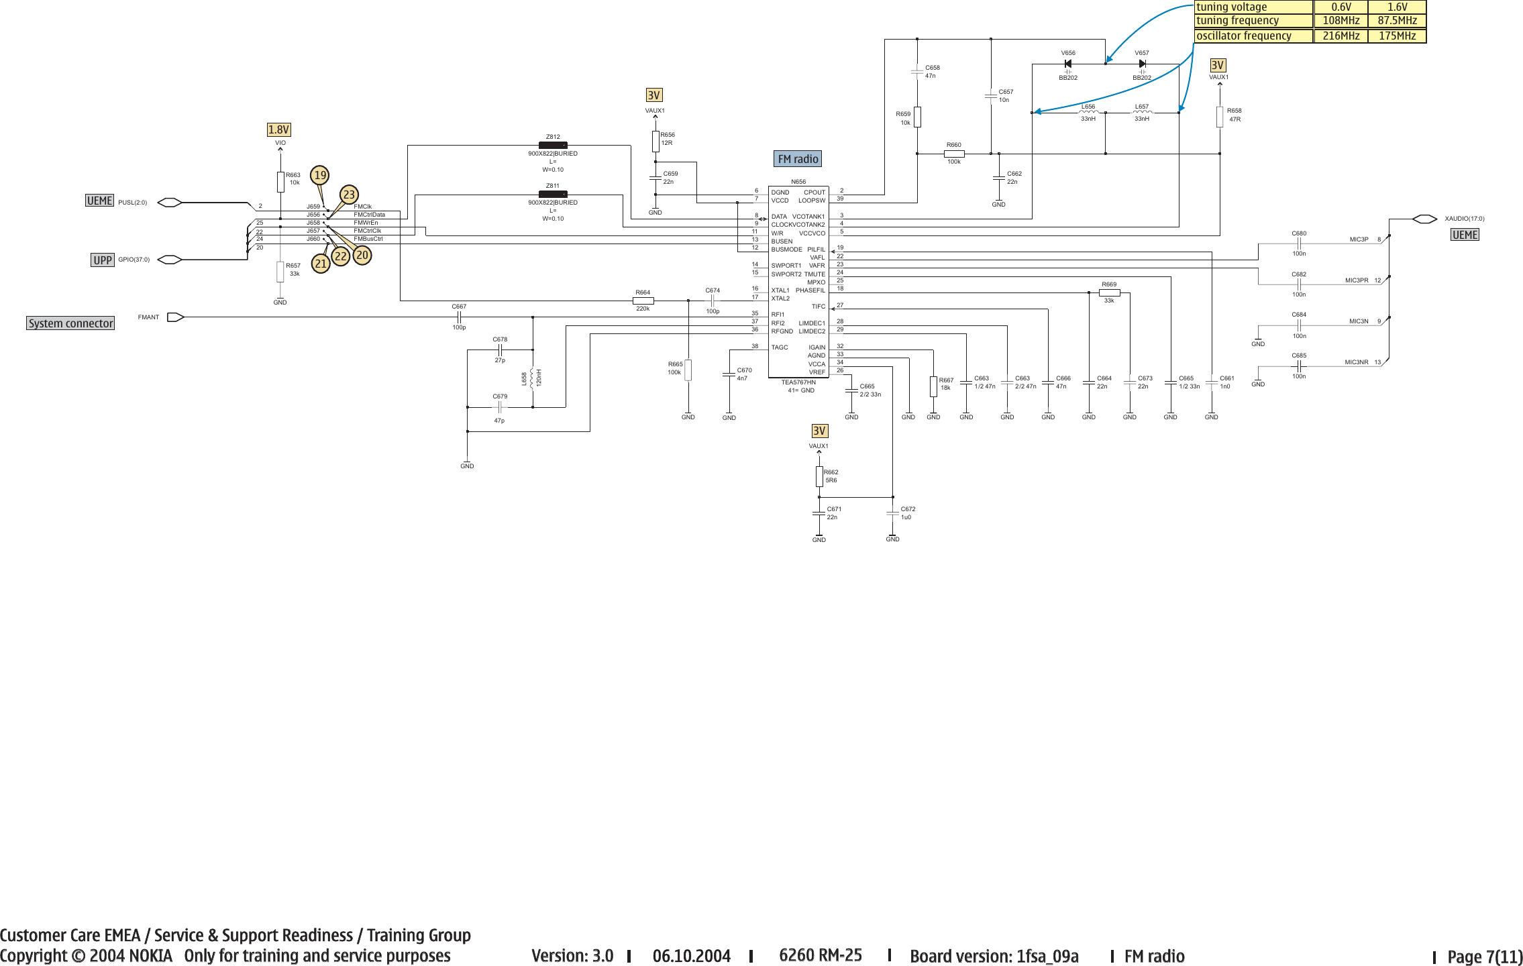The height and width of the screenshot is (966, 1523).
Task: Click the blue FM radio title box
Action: [798, 159]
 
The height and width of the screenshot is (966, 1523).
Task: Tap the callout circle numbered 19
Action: [320, 176]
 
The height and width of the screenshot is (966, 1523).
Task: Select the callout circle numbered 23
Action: [348, 195]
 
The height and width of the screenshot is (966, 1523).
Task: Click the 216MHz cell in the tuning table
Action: [1341, 36]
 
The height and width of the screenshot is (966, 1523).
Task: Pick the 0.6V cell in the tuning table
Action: [1341, 7]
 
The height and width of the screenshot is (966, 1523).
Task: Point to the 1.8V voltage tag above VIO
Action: [278, 129]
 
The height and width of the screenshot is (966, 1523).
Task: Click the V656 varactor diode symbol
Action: [1067, 64]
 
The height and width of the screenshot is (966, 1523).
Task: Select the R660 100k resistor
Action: [953, 154]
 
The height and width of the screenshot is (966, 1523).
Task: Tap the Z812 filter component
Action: [553, 145]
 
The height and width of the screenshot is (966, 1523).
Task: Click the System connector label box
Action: [70, 323]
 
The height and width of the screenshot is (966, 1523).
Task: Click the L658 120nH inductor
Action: [532, 378]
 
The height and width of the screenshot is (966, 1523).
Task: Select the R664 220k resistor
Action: [643, 301]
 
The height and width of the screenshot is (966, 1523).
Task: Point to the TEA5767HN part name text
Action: [798, 382]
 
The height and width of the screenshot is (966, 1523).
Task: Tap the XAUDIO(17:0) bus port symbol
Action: [1424, 219]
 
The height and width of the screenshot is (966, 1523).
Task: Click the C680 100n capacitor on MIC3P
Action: [1299, 244]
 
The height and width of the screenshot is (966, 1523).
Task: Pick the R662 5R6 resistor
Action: [819, 476]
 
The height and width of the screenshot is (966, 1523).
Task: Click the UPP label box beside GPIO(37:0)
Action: [103, 260]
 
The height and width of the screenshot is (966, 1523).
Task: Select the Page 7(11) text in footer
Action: [1485, 957]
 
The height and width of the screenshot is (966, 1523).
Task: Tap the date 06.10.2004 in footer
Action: [691, 956]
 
